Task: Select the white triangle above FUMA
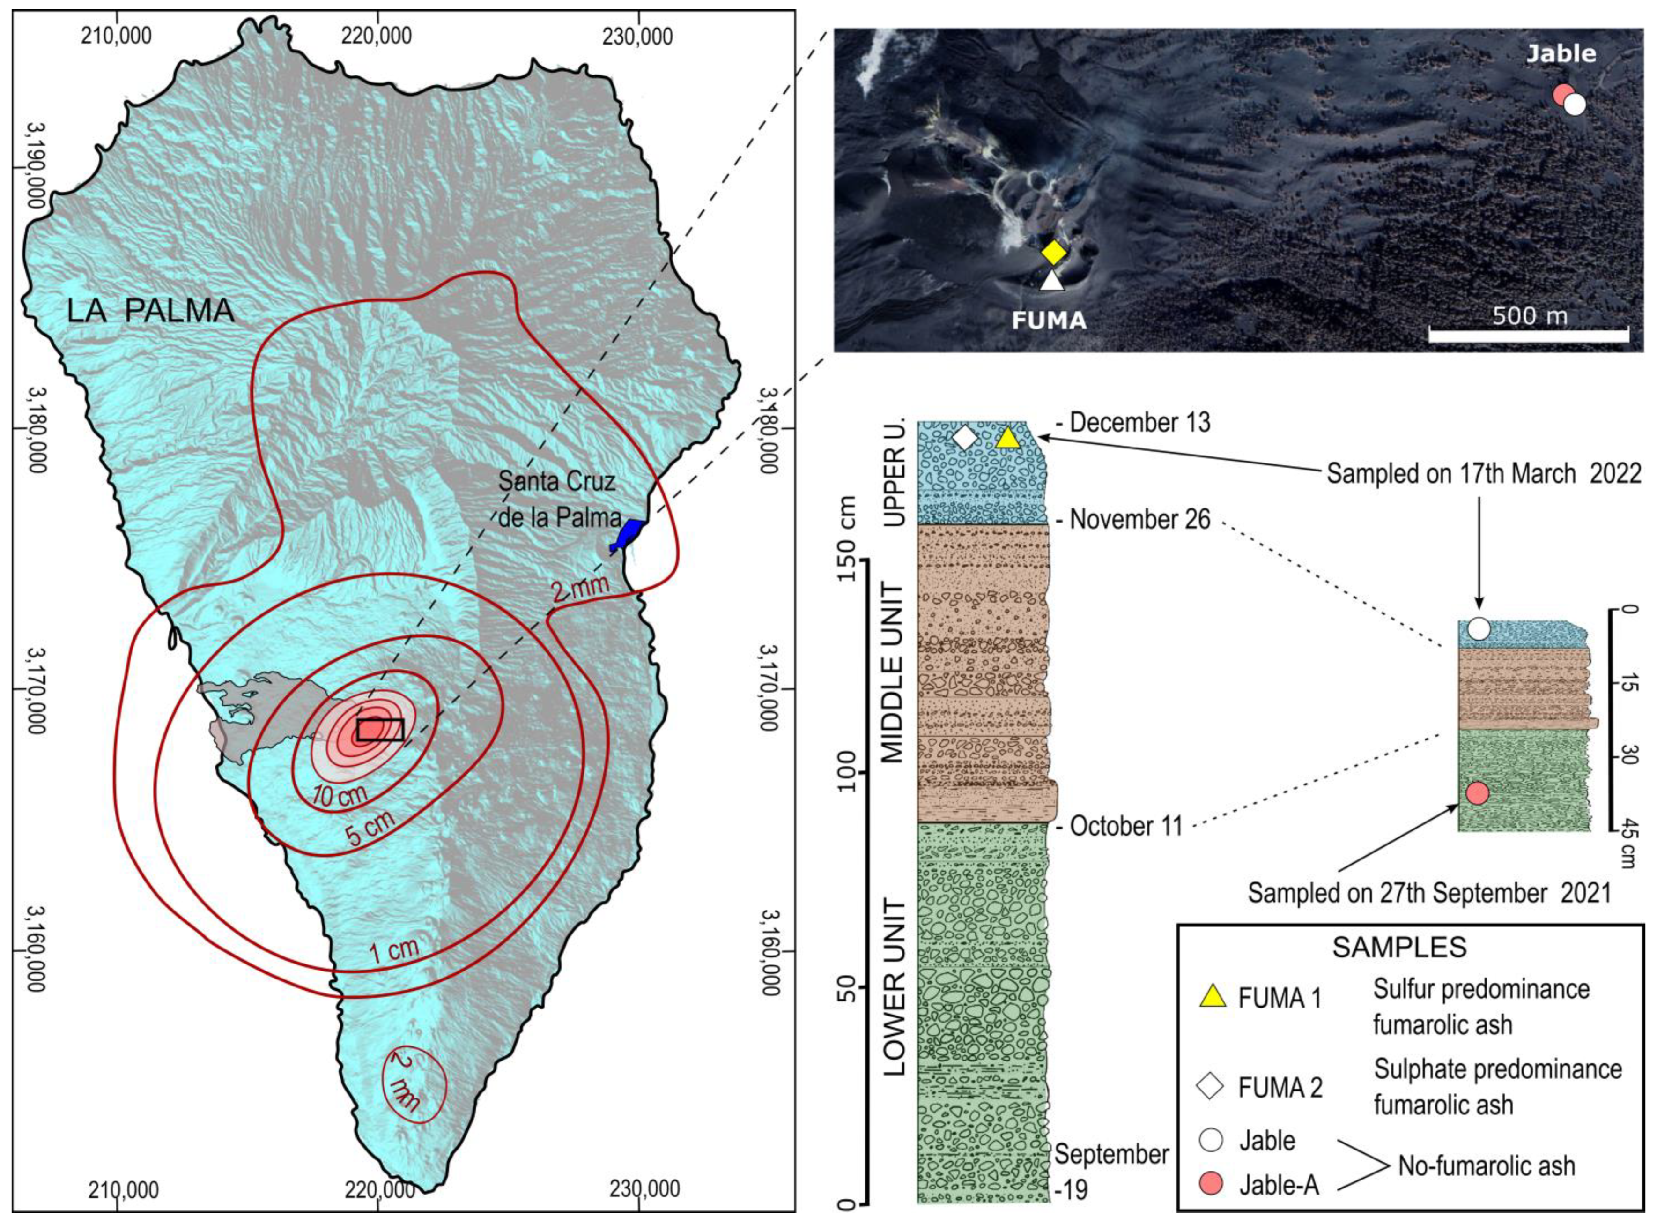coord(1051,280)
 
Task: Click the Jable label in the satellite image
coord(1560,53)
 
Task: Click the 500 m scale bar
coord(1528,335)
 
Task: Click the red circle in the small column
coord(1477,793)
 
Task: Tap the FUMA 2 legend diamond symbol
coord(1211,1088)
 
